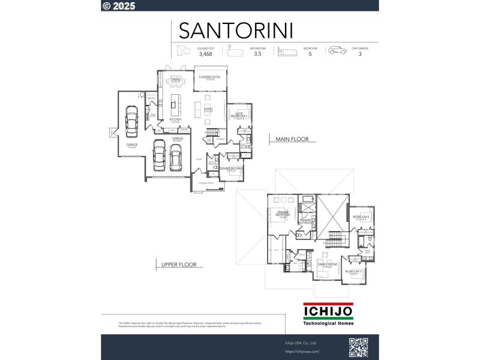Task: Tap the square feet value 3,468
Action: [x=205, y=54]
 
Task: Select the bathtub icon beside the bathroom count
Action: [x=234, y=50]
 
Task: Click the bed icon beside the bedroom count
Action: [x=287, y=51]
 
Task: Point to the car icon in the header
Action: [x=337, y=50]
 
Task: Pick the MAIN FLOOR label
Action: [x=292, y=139]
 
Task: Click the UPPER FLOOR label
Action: [x=179, y=265]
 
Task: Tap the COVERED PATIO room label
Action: [x=210, y=78]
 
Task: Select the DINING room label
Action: [x=176, y=80]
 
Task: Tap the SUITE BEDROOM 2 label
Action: [x=239, y=116]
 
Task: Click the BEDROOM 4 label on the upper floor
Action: [x=361, y=217]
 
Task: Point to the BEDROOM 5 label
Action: [x=353, y=272]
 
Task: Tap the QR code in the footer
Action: [x=358, y=347]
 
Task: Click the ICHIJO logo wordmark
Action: [x=328, y=312]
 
